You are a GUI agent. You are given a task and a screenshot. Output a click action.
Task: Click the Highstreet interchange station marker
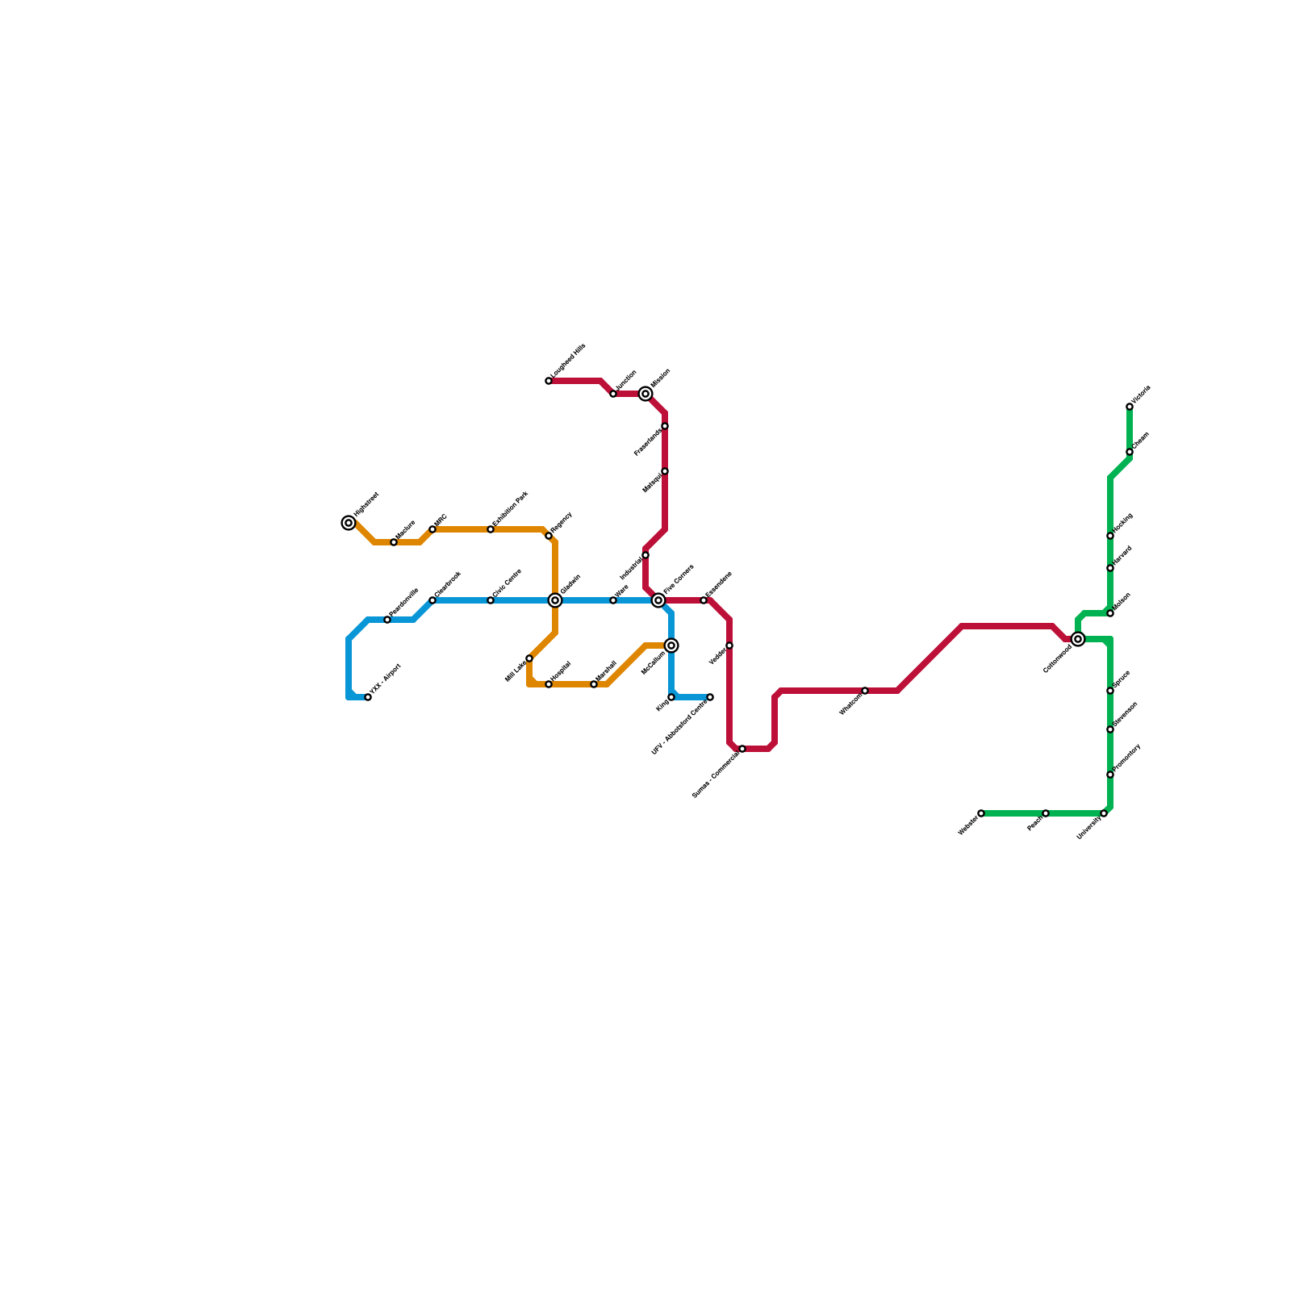click(349, 523)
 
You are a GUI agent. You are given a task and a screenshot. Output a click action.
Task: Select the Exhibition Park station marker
click(491, 529)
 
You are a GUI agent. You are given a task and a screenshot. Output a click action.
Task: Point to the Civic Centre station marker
click(491, 600)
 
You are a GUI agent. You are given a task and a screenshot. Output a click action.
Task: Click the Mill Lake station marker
click(529, 658)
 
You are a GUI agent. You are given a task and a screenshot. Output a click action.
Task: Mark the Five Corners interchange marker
click(658, 600)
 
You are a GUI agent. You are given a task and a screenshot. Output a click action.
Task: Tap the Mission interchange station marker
click(645, 394)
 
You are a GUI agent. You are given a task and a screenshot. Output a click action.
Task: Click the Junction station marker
click(613, 394)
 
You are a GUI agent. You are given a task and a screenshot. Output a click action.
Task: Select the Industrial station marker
click(645, 555)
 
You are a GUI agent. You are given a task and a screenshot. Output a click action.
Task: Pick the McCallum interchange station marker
click(671, 645)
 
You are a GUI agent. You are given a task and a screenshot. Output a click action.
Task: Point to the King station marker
click(671, 697)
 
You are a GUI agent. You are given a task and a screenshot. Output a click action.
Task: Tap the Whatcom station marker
click(865, 691)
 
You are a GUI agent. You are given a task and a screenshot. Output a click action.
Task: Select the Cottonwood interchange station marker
click(1078, 639)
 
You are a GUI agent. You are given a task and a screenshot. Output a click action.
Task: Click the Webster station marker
click(981, 813)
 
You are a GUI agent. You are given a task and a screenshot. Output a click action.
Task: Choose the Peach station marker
click(1046, 813)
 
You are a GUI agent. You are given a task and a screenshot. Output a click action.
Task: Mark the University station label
click(1089, 827)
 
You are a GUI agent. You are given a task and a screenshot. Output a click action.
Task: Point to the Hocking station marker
click(1110, 536)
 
